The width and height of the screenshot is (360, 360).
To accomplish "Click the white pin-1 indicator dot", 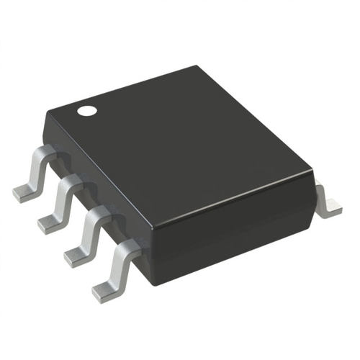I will [87, 112].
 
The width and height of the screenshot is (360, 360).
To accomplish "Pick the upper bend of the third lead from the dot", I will [98, 214].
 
